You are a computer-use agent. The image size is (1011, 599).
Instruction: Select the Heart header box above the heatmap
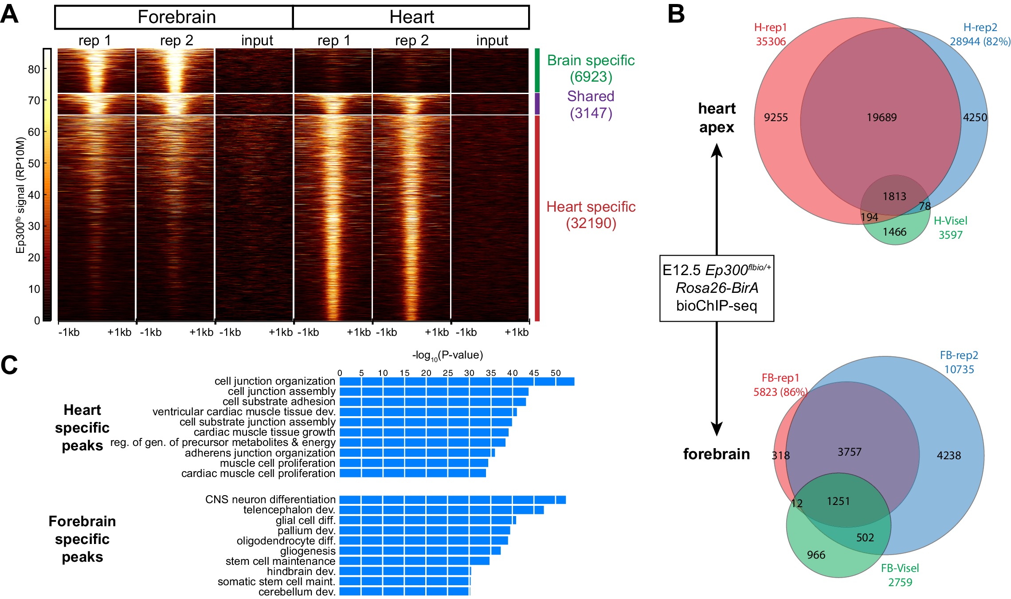pyautogui.click(x=411, y=17)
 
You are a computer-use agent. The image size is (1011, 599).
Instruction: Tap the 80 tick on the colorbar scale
pyautogui.click(x=34, y=69)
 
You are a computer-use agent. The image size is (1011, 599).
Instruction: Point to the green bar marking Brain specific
pyautogui.click(x=537, y=70)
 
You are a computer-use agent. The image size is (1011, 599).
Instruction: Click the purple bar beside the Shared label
pyautogui.click(x=537, y=104)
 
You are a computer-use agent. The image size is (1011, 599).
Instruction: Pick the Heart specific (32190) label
pyautogui.click(x=591, y=215)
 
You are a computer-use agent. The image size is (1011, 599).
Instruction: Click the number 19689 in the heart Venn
pyautogui.click(x=882, y=118)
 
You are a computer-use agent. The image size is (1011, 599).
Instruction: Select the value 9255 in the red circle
pyautogui.click(x=776, y=118)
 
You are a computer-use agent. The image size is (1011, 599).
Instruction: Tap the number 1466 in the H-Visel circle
pyautogui.click(x=894, y=232)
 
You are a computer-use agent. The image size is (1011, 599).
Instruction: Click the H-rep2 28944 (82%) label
pyautogui.click(x=980, y=35)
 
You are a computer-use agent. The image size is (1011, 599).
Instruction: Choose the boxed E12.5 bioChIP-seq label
pyautogui.click(x=717, y=288)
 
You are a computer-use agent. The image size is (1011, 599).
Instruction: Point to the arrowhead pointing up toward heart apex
pyautogui.click(x=717, y=151)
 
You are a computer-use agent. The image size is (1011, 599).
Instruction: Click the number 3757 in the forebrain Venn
pyautogui.click(x=849, y=452)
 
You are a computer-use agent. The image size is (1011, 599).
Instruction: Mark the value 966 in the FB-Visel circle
pyautogui.click(x=816, y=555)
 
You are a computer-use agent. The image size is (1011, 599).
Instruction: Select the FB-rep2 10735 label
pyautogui.click(x=959, y=362)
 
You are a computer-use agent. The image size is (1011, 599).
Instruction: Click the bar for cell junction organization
pyautogui.click(x=457, y=382)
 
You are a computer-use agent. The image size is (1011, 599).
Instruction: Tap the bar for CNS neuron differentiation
pyautogui.click(x=452, y=500)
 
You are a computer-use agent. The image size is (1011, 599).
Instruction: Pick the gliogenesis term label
pyautogui.click(x=307, y=551)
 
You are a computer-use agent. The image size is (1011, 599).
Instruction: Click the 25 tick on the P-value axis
pyautogui.click(x=448, y=373)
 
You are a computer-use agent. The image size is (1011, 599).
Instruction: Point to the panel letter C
pyautogui.click(x=9, y=366)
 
